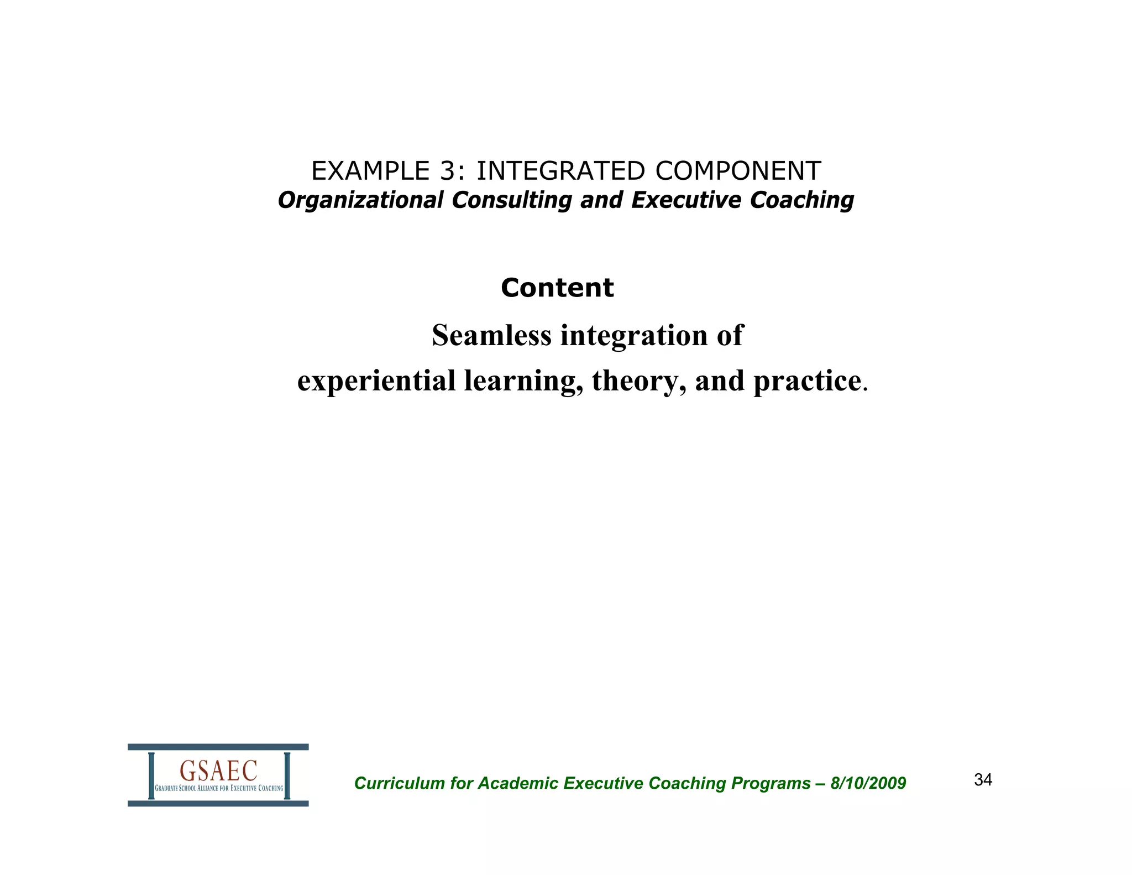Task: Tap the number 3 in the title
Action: tap(448, 171)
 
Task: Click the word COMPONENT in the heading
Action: tap(738, 171)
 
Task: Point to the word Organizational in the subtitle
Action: tap(360, 200)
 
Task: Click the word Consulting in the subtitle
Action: tap(511, 200)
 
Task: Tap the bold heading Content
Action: tap(557, 288)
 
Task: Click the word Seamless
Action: tap(491, 335)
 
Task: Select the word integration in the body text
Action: tap(634, 335)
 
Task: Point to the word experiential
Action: tap(376, 381)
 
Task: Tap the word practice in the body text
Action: tap(807, 381)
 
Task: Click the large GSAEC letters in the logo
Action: tap(218, 770)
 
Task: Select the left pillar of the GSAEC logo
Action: tap(151, 775)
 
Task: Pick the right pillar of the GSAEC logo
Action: tap(287, 775)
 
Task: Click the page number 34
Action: tap(983, 780)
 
